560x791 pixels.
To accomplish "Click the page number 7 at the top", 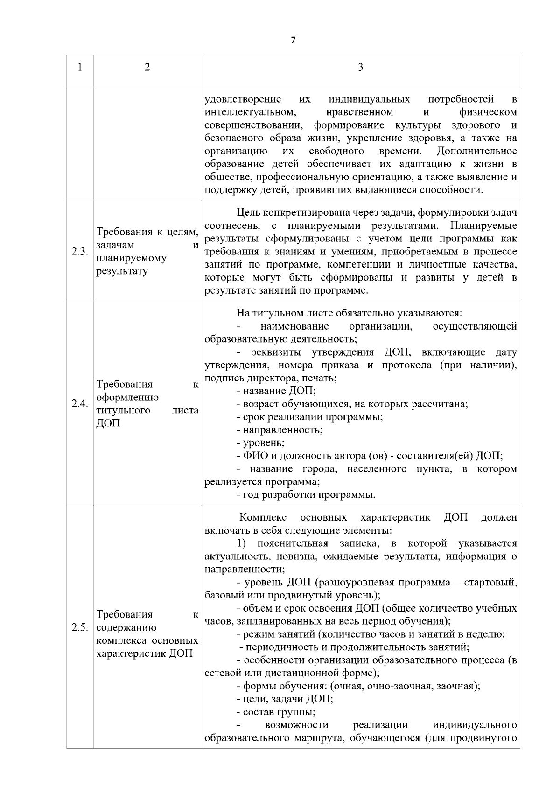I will point(293,40).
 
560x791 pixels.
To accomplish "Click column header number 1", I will point(80,68).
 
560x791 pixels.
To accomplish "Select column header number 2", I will point(147,68).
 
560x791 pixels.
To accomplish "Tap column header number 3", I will point(360,68).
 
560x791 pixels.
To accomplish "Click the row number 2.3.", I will point(80,252).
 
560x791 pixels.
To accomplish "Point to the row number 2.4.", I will point(80,404).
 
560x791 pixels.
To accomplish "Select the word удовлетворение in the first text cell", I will point(243,99).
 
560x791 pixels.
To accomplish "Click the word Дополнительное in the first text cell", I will point(477,151).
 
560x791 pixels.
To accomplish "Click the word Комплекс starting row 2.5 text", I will point(263,518).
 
